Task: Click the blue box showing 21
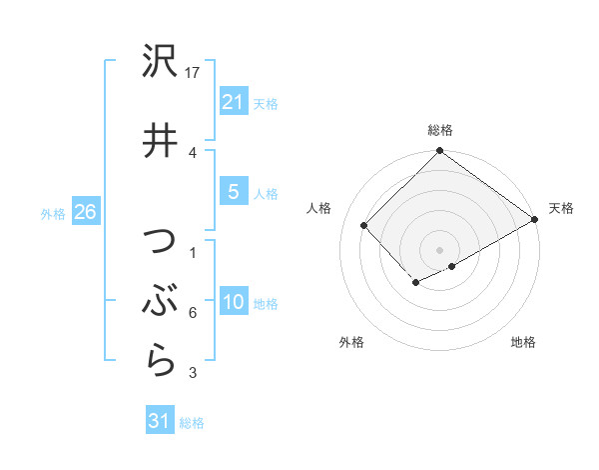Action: tap(233, 101)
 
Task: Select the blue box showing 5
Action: tap(233, 192)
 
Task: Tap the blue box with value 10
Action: tap(233, 302)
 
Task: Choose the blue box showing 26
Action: tap(85, 212)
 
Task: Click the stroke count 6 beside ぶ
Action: tap(192, 313)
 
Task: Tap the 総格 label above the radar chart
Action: tap(439, 130)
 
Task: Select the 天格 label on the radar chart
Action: tap(561, 208)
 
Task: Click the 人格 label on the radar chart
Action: tap(319, 208)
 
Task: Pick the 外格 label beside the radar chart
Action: tap(351, 342)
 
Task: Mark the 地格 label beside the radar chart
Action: tap(523, 342)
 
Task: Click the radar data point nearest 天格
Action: tap(535, 219)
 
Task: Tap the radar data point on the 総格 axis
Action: tap(439, 152)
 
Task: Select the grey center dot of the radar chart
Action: tap(439, 248)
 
